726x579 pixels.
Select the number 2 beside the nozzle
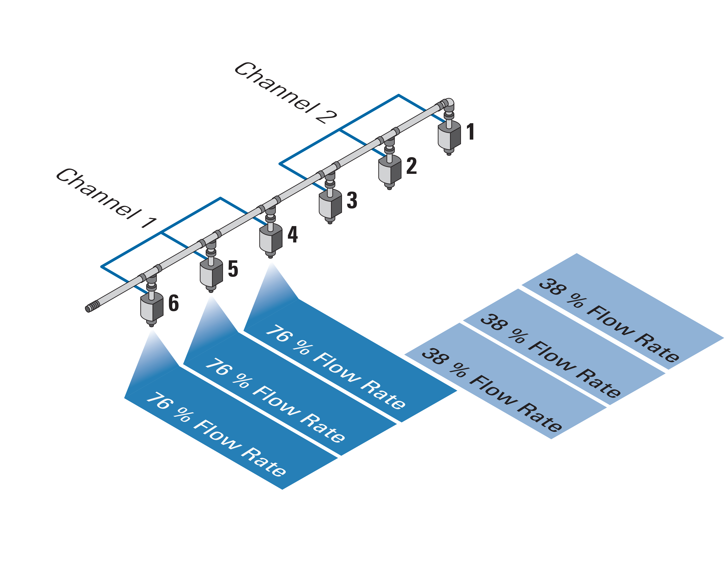pyautogui.click(x=412, y=166)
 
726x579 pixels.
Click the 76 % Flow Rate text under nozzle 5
pyautogui.click(x=274, y=401)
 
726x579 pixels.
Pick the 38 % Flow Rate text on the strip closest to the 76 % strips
pyautogui.click(x=492, y=391)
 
